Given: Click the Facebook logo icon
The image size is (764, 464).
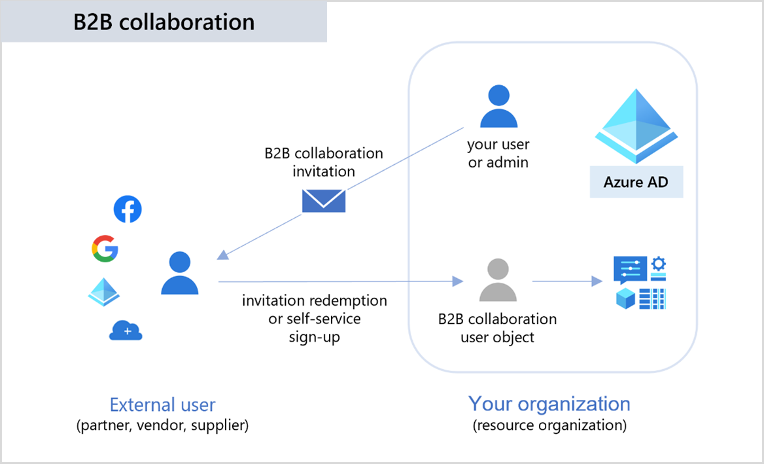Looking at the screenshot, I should tap(128, 209).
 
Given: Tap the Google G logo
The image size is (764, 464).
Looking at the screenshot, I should tap(105, 249).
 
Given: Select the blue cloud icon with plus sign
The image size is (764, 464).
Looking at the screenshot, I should tap(126, 330).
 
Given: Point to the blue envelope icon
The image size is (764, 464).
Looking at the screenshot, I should tap(324, 201).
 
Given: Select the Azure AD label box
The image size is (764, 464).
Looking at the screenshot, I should tap(636, 182).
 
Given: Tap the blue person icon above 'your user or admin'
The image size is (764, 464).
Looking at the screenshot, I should tap(498, 106).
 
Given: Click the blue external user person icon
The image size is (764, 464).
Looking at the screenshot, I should tap(180, 273).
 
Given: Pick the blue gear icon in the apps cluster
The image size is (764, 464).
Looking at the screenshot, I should tap(659, 264).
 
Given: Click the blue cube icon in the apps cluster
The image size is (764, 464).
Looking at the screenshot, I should tap(626, 299).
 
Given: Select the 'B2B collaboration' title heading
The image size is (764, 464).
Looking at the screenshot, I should tap(164, 22).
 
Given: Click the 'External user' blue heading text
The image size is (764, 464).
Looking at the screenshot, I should tap(162, 404).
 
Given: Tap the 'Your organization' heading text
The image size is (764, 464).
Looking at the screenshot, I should tap(549, 403).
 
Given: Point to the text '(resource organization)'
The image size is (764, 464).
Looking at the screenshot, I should tap(549, 425).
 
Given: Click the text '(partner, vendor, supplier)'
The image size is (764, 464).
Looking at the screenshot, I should tap(162, 425).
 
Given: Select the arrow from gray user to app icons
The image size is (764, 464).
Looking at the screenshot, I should tap(566, 281).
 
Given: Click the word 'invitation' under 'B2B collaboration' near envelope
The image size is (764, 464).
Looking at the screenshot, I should tap(324, 171).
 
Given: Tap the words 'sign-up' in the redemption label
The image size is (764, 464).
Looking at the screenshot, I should tap(314, 337).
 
